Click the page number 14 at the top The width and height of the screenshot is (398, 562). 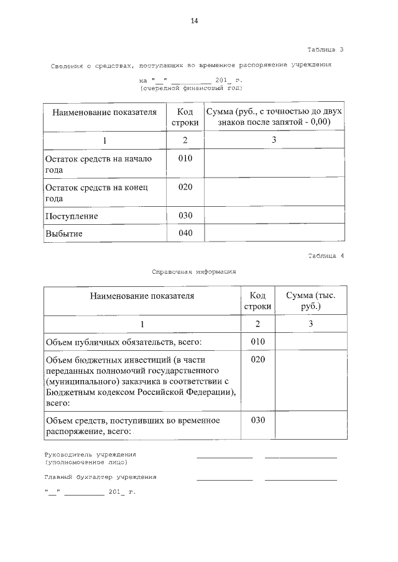click(x=194, y=21)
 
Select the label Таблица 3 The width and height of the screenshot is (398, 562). click(x=325, y=49)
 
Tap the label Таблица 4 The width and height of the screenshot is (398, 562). click(x=325, y=256)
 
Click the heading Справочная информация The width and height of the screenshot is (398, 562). click(x=194, y=271)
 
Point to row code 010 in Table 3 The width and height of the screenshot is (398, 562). click(x=185, y=158)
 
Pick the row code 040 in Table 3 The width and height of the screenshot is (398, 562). click(x=185, y=233)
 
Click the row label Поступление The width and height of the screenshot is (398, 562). click(x=72, y=216)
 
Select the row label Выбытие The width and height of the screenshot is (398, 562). click(x=64, y=234)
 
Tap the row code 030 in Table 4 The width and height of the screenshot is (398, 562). click(x=257, y=420)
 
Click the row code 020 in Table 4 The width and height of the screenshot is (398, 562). click(x=257, y=360)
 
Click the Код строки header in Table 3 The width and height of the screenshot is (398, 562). click(x=185, y=117)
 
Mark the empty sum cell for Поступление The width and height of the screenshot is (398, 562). click(x=274, y=216)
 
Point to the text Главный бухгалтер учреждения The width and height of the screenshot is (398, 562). click(x=100, y=477)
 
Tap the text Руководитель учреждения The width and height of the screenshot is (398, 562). click(x=90, y=455)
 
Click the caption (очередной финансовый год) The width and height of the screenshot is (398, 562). click(x=190, y=89)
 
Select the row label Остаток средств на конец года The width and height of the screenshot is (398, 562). click(x=96, y=193)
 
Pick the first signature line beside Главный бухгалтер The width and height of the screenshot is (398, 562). click(x=224, y=479)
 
